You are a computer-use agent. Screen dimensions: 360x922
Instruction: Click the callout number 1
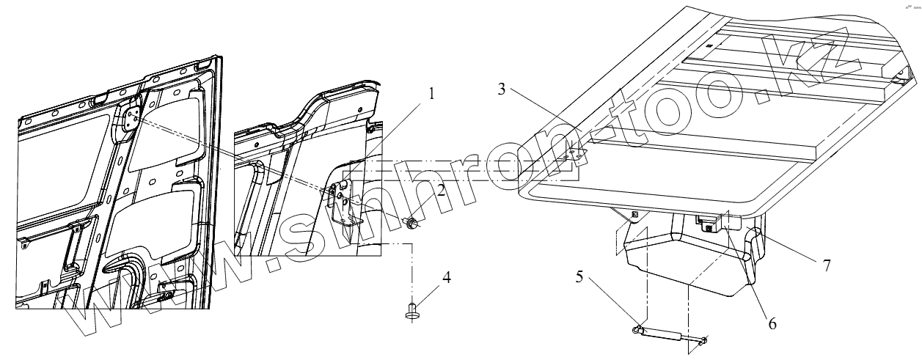coord(432,95)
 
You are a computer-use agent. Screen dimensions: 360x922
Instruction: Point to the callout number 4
coord(446,279)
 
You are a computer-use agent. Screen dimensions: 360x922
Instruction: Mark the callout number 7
coord(826,265)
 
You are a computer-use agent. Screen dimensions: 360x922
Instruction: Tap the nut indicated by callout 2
coord(413,221)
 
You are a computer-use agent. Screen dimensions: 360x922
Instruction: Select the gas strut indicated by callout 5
coord(669,335)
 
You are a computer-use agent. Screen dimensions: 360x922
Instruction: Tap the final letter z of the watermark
coord(837,48)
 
